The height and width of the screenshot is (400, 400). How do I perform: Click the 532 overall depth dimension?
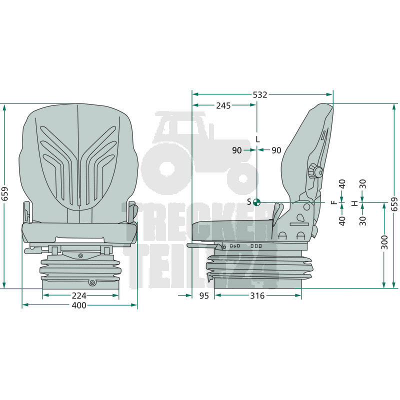pyautogui.click(x=260, y=95)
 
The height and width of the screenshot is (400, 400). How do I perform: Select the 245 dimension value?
pyautogui.click(x=223, y=105)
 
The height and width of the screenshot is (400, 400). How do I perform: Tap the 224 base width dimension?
pyautogui.click(x=79, y=295)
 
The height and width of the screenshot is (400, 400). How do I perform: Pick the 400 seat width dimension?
pyautogui.click(x=79, y=305)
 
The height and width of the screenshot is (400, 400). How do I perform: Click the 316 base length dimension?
pyautogui.click(x=257, y=295)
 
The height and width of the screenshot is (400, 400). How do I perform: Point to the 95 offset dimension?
pyautogui.click(x=204, y=295)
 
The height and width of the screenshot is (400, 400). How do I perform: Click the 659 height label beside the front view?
pyautogui.click(x=5, y=194)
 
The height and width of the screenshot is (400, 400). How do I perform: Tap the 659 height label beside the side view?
pyautogui.click(x=394, y=204)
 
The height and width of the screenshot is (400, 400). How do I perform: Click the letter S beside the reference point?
pyautogui.click(x=249, y=202)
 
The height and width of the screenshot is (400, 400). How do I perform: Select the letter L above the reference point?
pyautogui.click(x=257, y=139)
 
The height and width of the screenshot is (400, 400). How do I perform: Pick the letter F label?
pyautogui.click(x=333, y=202)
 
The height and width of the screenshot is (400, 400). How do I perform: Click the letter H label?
pyautogui.click(x=354, y=203)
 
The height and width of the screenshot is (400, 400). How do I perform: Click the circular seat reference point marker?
pyautogui.click(x=256, y=202)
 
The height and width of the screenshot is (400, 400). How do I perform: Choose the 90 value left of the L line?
pyautogui.click(x=236, y=150)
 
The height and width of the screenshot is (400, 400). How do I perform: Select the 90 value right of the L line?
pyautogui.click(x=276, y=150)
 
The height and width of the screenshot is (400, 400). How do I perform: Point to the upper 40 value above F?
pyautogui.click(x=342, y=184)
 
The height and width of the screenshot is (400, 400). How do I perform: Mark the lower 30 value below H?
pyautogui.click(x=362, y=221)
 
